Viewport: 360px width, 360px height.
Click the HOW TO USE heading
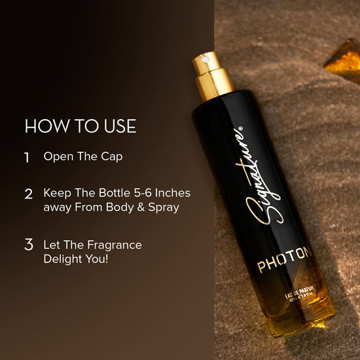[80, 126]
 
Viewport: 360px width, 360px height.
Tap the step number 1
[27, 157]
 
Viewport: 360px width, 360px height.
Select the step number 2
[28, 194]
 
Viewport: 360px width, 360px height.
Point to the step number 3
[28, 245]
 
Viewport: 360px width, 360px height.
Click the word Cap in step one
[113, 157]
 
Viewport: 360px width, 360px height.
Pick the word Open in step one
[58, 157]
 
